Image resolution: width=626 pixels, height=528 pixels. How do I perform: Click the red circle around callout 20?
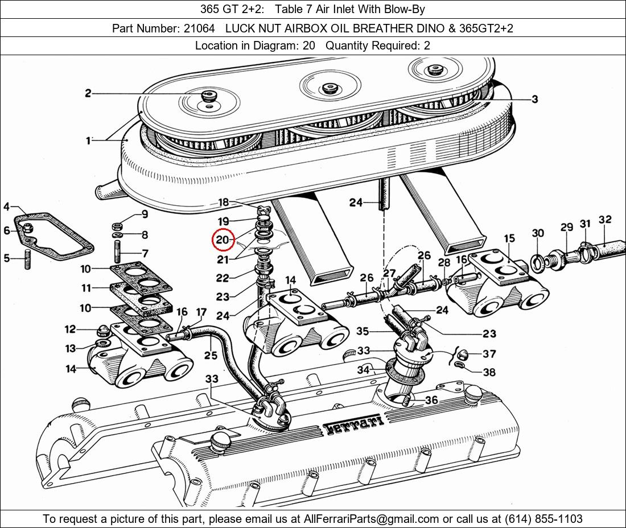pos(223,240)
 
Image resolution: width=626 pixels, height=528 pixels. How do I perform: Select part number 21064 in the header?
pos(199,28)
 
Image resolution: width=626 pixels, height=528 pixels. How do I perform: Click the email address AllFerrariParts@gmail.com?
pos(372,519)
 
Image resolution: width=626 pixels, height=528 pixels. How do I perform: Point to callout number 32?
pos(605,220)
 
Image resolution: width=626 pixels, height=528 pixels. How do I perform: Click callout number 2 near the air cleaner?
pos(88,93)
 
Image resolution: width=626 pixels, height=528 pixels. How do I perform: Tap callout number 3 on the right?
pos(534,100)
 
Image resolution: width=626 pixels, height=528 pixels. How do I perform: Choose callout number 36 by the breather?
pos(431,400)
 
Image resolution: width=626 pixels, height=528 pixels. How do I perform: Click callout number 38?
pos(489,372)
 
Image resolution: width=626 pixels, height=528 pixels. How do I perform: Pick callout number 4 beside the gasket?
pos(6,207)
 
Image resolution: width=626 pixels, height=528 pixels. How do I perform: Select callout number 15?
pos(509,238)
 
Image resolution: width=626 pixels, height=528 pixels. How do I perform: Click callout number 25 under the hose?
pos(211,356)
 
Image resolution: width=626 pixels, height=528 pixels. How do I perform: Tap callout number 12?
pos(70,329)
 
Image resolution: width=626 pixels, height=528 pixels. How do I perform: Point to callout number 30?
pos(538,233)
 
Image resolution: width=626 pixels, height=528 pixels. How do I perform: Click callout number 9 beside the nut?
pos(145,214)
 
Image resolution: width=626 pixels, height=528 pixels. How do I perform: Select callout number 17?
pos(201,312)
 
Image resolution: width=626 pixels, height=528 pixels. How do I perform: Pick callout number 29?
pos(566,227)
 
